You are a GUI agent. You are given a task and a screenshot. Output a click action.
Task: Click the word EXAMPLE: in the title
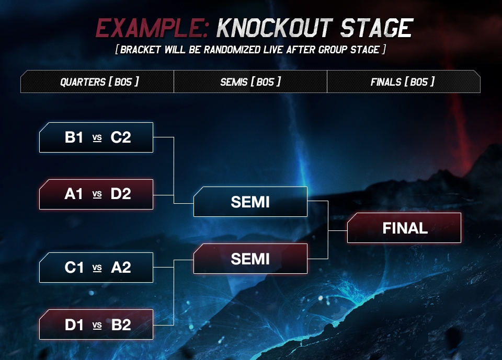coord(152,28)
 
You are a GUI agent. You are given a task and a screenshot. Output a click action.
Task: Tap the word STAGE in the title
coord(375,28)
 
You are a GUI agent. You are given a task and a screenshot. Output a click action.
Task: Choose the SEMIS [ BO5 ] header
coord(250,82)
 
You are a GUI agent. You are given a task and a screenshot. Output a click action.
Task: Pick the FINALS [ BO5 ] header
coord(403,82)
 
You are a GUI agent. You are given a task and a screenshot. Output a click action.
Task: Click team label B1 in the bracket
coord(74,138)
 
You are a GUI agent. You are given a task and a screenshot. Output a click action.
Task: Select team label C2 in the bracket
coord(120,138)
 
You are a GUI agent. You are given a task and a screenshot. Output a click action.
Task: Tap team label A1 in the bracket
coord(74,194)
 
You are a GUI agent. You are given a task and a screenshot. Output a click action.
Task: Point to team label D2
coord(120,194)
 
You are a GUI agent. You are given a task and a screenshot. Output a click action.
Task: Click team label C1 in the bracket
coord(74,268)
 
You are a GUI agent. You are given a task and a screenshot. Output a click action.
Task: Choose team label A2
coord(120,268)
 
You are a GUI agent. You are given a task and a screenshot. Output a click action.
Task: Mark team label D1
coord(74,324)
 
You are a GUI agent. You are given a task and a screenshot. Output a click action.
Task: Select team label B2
coord(120,324)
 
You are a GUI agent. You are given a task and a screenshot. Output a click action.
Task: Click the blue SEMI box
coord(250,202)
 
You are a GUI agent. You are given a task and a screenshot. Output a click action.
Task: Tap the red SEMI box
coord(250,259)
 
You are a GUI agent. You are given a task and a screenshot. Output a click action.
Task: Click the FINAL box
coord(404,228)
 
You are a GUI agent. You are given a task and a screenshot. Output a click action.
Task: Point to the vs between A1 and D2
coord(97,194)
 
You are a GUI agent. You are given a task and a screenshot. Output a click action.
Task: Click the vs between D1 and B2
coord(97,325)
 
